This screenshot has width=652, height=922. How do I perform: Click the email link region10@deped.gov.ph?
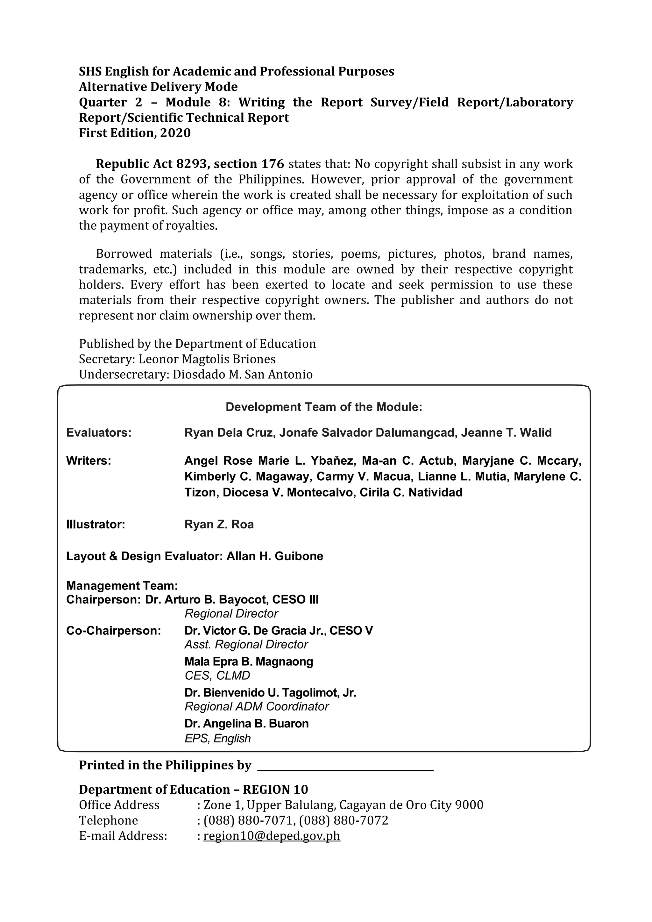pyautogui.click(x=272, y=836)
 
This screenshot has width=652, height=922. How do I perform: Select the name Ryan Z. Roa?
pyautogui.click(x=219, y=525)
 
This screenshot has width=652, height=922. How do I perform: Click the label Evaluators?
pyautogui.click(x=99, y=433)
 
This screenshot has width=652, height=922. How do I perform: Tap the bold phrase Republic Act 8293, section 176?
pyautogui.click(x=189, y=164)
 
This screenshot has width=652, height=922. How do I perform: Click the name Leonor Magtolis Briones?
pyautogui.click(x=207, y=359)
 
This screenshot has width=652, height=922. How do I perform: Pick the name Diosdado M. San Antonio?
pyautogui.click(x=243, y=374)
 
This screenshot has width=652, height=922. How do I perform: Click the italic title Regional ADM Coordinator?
pyautogui.click(x=257, y=706)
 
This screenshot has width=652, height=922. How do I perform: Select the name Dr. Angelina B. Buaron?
pyautogui.click(x=246, y=724)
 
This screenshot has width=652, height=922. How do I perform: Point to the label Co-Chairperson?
pyautogui.click(x=114, y=631)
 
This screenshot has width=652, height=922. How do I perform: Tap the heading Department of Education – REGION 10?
pyautogui.click(x=194, y=790)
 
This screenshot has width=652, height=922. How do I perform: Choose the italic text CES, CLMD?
pyautogui.click(x=217, y=675)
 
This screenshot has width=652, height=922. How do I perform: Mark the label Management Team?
pyautogui.click(x=122, y=586)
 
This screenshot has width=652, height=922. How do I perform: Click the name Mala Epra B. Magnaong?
pyautogui.click(x=249, y=661)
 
